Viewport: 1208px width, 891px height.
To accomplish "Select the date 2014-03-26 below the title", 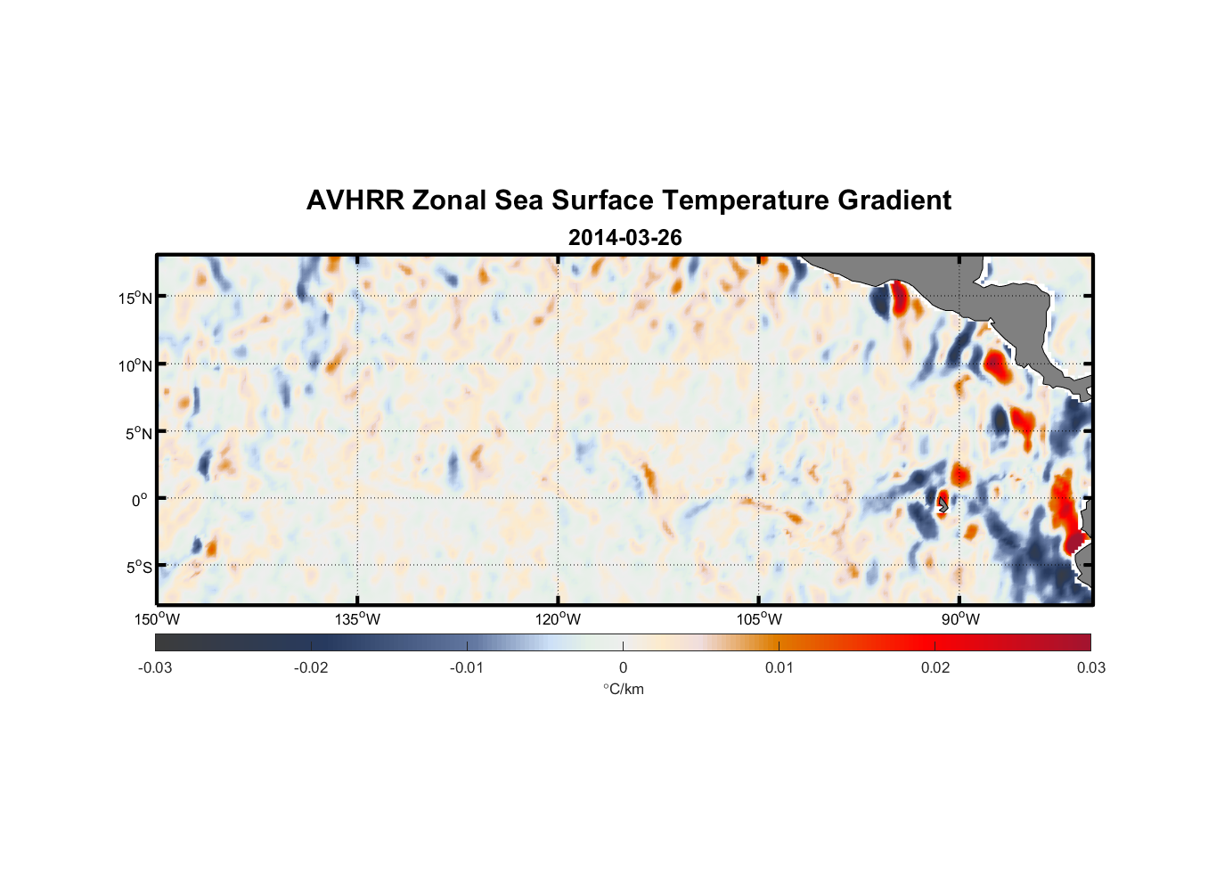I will tap(624, 238).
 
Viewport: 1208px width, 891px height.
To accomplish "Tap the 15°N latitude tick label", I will tap(135, 298).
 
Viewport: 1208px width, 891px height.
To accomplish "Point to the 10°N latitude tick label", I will tap(135, 365).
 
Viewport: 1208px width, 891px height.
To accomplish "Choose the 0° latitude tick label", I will tap(140, 500).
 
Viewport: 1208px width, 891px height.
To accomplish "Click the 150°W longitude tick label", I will tap(157, 619).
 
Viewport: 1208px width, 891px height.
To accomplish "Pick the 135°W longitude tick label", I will tap(357, 619).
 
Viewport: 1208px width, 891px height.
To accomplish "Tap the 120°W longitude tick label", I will tap(558, 619).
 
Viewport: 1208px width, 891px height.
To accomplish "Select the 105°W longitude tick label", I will tap(759, 619).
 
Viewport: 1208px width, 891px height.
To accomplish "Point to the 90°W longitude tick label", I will tap(960, 619).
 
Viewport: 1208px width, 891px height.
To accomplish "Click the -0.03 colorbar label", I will tap(155, 668).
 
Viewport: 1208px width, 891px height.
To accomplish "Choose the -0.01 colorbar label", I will tap(467, 668).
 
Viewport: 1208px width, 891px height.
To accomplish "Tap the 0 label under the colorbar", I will tap(623, 668).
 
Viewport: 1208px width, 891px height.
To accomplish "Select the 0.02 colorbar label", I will tap(935, 668).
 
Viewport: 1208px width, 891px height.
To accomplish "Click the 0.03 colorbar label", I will tap(1090, 668).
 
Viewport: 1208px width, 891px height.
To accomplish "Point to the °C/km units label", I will tap(623, 689).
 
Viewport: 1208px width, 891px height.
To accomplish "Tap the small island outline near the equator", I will tap(943, 504).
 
